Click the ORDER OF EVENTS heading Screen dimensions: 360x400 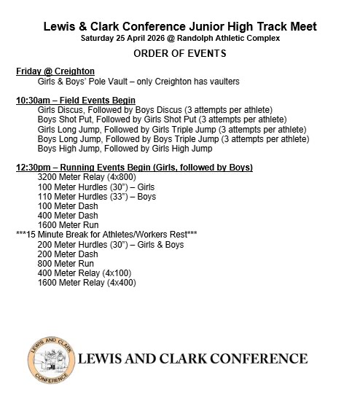pos(179,54)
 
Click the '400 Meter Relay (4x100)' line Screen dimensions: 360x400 pos(87,272)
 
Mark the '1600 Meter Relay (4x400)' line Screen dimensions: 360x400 pos(89,281)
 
